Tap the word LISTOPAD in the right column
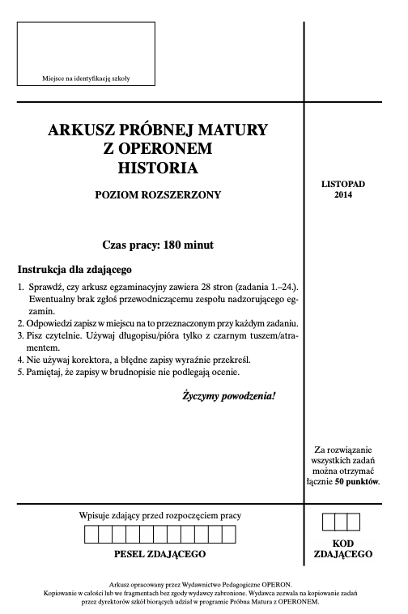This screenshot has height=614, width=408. point(343,184)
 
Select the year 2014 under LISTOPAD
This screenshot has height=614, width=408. point(343,195)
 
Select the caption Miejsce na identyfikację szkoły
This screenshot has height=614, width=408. point(86,79)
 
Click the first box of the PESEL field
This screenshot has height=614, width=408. point(91,535)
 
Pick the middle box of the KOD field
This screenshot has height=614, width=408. point(341,522)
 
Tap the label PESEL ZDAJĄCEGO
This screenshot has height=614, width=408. point(160,554)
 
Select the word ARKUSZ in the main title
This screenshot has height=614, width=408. point(81,129)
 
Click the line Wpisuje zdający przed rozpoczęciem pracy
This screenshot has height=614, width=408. point(160,515)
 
